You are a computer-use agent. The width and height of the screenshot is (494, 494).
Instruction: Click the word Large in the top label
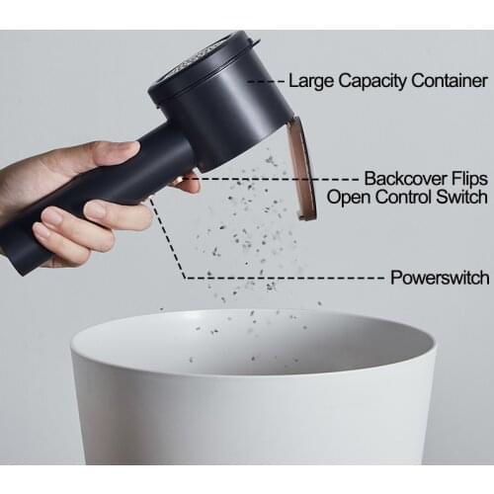pos(311,81)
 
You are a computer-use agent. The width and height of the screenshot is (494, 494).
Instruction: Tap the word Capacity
pos(372,81)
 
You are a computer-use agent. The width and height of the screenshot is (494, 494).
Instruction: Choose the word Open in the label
pos(349,197)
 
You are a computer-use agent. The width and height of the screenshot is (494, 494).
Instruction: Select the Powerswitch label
pos(440,278)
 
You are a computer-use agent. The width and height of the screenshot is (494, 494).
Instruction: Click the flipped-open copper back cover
pos(303,168)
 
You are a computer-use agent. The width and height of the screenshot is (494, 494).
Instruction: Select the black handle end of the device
pos(20,250)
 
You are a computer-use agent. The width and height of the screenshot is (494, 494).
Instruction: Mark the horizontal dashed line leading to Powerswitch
pos(286,278)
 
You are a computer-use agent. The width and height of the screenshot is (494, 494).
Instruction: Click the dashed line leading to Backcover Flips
pos(270,179)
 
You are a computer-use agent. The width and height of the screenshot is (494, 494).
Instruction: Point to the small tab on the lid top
pos(255,41)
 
